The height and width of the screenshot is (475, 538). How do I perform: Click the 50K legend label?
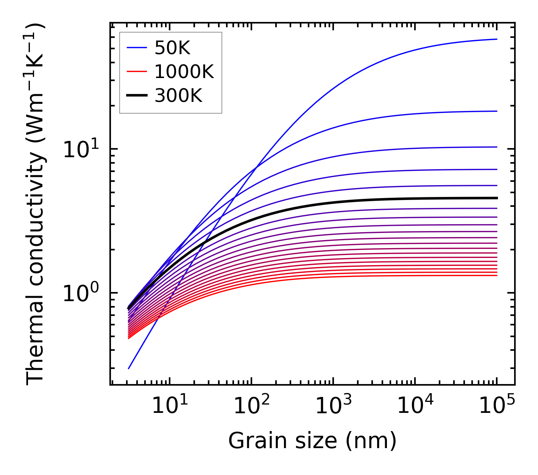click(x=172, y=48)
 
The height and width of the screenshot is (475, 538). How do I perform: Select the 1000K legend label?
click(x=184, y=72)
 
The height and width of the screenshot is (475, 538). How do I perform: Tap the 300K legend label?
click(x=178, y=96)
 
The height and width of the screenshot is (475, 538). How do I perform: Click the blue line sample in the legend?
click(x=136, y=48)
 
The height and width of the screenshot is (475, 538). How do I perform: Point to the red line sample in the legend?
click(x=136, y=72)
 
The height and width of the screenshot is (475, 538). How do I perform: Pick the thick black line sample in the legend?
click(x=136, y=96)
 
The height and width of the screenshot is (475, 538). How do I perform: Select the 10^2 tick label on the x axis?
click(x=251, y=406)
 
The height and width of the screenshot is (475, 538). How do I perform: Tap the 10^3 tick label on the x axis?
click(x=333, y=406)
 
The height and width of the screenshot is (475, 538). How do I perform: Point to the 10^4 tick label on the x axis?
click(x=415, y=406)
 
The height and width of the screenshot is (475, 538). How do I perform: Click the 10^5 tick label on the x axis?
click(x=497, y=406)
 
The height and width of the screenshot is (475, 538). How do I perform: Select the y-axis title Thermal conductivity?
click(x=36, y=205)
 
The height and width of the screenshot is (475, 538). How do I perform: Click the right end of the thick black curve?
click(x=496, y=198)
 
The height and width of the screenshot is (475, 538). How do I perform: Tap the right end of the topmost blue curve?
click(x=496, y=39)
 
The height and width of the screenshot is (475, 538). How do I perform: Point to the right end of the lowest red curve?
click(x=496, y=275)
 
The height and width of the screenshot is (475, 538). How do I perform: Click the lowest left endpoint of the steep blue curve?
click(x=129, y=369)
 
